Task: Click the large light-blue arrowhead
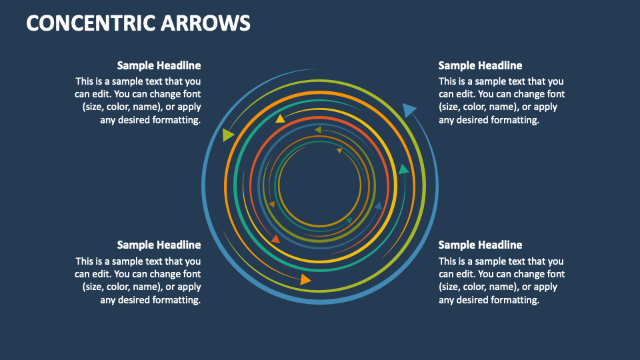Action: coord(409,109)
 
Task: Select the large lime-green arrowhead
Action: coord(229,135)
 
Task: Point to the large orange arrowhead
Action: coord(305,279)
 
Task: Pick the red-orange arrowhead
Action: coord(275,238)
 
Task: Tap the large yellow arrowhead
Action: coord(281,119)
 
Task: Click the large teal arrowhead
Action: coord(403,170)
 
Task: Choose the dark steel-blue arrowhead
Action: coord(378,207)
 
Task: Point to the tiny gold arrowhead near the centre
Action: coord(339,151)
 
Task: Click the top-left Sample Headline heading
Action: coord(159,65)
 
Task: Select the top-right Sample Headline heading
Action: coord(480,65)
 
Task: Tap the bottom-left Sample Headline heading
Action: coord(159,245)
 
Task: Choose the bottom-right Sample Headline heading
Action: coord(480,245)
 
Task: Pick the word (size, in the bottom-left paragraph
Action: coord(95,287)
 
